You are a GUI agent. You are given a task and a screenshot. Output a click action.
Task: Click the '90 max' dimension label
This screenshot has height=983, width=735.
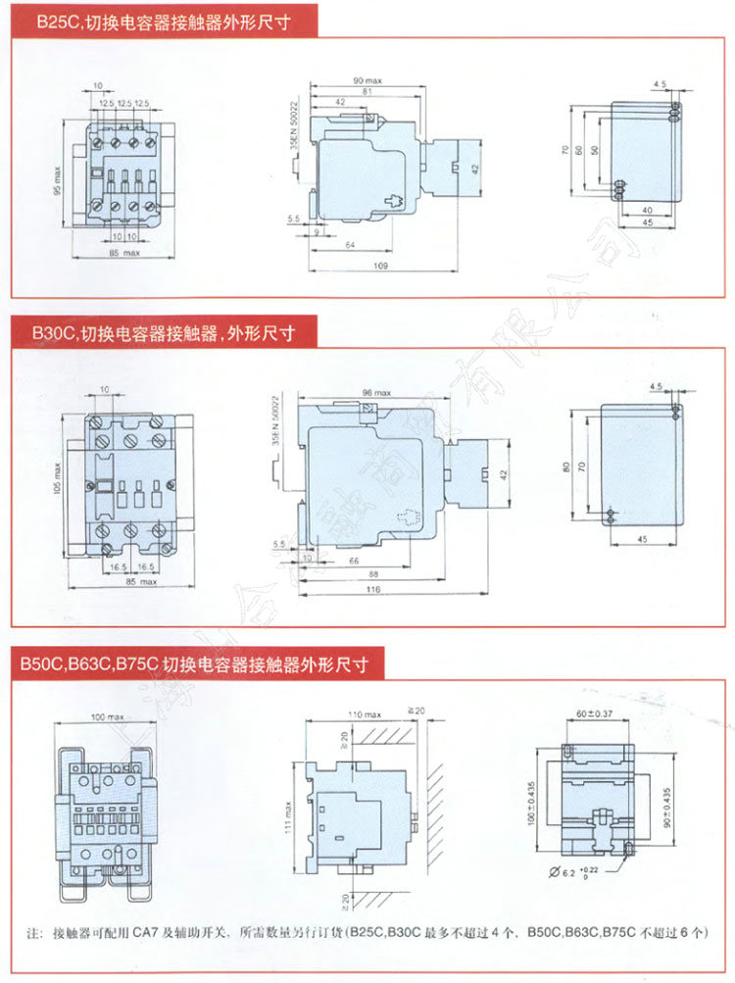click(x=367, y=80)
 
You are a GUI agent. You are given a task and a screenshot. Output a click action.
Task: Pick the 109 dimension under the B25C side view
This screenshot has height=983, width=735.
click(x=379, y=266)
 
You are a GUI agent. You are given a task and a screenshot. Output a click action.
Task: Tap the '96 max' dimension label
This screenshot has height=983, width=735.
click(x=375, y=393)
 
